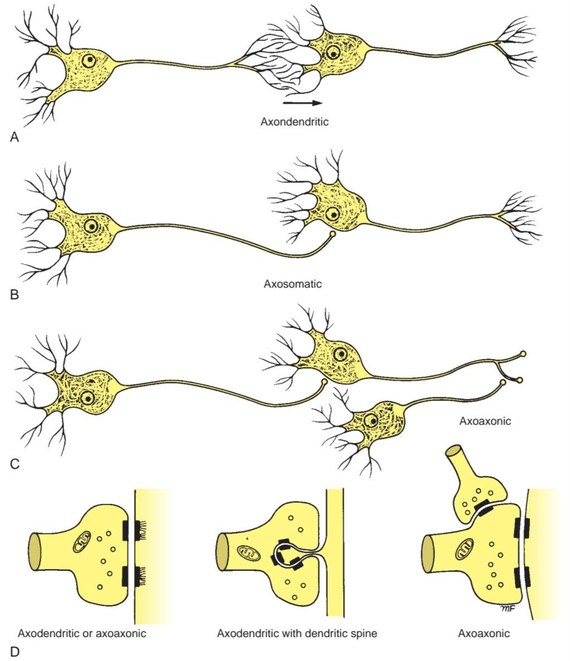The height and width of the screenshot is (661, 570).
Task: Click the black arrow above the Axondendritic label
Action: click(302, 103)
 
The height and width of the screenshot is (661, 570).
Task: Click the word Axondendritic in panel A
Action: click(294, 122)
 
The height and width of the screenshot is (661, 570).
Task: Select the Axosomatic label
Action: click(293, 284)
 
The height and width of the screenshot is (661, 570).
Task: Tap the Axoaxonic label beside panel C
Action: click(485, 421)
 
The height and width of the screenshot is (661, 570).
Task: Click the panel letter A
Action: click(15, 137)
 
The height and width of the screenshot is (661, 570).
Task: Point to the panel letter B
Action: click(15, 294)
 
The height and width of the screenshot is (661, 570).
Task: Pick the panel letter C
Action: click(15, 464)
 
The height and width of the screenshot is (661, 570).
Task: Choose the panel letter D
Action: click(15, 652)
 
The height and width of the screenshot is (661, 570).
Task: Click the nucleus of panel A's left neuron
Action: click(90, 60)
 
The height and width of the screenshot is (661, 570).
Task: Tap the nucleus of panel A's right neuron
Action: click(334, 54)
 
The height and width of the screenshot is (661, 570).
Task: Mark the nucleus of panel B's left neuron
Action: click(91, 226)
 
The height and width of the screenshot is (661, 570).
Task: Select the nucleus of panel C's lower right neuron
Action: click(371, 420)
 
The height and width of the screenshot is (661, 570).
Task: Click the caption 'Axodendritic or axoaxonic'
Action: click(82, 633)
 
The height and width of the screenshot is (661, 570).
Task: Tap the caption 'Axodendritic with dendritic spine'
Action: click(297, 633)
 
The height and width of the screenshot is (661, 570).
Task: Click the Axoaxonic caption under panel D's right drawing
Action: click(484, 633)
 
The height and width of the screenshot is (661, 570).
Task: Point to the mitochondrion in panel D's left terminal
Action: click(83, 542)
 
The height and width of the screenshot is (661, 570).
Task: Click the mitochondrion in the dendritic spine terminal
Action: click(248, 553)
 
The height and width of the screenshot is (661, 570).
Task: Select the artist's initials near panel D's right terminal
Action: click(508, 607)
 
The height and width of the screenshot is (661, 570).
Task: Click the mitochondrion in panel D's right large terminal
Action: click(465, 551)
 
